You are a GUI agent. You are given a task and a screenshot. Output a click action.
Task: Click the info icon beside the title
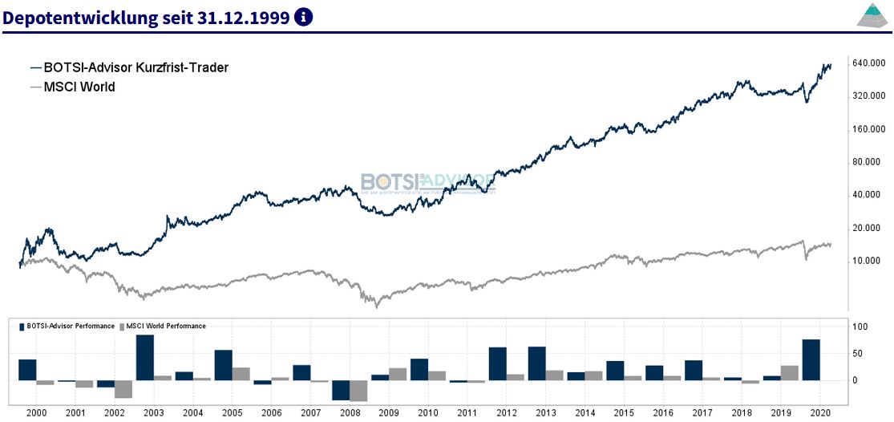coord(304,17)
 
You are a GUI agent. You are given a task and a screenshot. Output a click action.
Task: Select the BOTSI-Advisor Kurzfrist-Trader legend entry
coord(129,67)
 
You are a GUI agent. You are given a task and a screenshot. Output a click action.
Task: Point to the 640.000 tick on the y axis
coord(868,63)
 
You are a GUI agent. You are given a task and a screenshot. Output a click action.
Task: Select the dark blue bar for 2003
coord(144,358)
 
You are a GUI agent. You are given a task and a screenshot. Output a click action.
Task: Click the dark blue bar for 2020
coord(811,360)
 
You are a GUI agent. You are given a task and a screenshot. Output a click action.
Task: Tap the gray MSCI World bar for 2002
coord(123,389)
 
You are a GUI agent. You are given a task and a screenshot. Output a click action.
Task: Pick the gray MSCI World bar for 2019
coord(790,373)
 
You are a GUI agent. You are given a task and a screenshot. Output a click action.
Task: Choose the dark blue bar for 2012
coord(498,363)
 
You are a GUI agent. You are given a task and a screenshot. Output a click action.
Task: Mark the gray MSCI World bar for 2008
coord(358,391)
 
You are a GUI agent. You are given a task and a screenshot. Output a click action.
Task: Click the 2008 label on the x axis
coord(349,411)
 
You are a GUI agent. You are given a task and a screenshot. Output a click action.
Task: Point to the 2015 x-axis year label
coord(623,411)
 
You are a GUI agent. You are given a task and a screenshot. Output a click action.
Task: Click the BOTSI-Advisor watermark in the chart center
coord(427,183)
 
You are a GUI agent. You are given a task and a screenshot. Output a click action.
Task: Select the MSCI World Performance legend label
coord(167,327)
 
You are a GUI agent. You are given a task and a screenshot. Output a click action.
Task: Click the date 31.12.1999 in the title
coord(243,17)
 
